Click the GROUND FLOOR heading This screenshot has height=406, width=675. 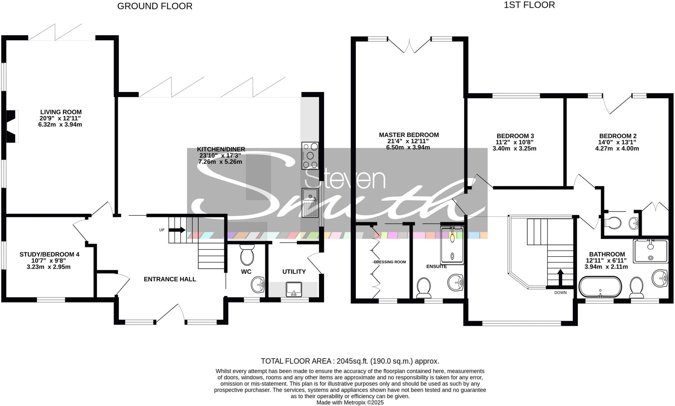[155, 6]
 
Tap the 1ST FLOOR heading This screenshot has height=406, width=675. [529, 5]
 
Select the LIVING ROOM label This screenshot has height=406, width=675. [61, 112]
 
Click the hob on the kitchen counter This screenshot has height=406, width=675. [310, 156]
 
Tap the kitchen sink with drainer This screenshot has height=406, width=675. [310, 203]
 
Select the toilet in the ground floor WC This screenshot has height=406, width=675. [247, 255]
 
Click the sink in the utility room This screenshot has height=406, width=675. [294, 289]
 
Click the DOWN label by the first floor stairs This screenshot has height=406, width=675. [560, 293]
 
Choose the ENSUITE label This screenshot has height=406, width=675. [436, 266]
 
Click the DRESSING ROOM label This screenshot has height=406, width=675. [390, 262]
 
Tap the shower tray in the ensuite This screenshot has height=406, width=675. [452, 246]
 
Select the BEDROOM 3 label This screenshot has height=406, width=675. [515, 136]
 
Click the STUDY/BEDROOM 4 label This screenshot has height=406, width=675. [49, 254]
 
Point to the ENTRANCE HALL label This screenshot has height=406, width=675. [170, 279]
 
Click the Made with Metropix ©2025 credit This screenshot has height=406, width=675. [350, 403]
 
